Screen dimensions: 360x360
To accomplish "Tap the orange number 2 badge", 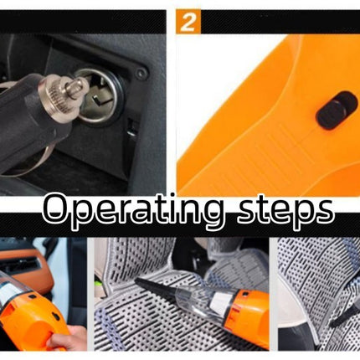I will pos(189,23).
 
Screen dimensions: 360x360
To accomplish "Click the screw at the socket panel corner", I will pos(141,72).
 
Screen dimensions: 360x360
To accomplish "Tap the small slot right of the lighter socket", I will pos(134,126).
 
